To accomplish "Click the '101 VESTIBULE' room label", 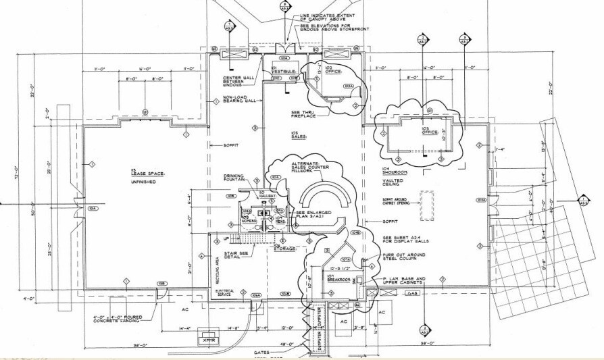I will point(280,70).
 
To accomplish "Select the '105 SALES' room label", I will point(299,134).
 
